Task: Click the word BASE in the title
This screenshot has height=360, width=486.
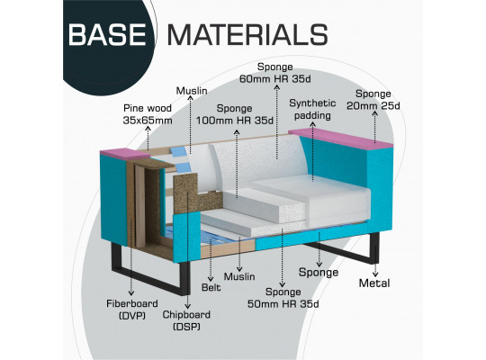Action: coord(107,34)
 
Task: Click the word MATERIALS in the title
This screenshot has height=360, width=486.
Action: coord(247,34)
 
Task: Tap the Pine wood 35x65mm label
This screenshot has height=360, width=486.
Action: coord(148,114)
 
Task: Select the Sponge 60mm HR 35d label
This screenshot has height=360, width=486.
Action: coord(274,73)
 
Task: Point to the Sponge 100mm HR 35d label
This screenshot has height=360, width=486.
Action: coord(235,114)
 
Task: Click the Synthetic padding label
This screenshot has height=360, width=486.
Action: coord(312,110)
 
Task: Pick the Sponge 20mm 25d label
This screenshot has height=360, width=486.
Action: coord(373,100)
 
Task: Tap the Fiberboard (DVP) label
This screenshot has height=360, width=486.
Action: coord(132,310)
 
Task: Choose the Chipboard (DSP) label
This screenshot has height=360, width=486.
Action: coord(186,320)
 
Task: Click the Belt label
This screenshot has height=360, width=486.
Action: coord(211,287)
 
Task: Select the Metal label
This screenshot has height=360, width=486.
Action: coord(374,283)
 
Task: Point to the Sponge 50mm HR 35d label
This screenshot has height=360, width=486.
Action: coord(283,298)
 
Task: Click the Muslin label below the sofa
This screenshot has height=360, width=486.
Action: coord(239,276)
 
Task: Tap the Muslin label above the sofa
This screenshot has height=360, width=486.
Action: coord(192,91)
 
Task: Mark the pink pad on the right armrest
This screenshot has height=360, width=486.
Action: coord(341,139)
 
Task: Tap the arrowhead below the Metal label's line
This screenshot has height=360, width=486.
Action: coord(375,274)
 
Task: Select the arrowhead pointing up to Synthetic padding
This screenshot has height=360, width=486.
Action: coord(312,123)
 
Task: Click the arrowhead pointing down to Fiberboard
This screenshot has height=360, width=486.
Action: coord(131,292)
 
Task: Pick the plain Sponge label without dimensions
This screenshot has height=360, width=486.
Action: coord(319,272)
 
